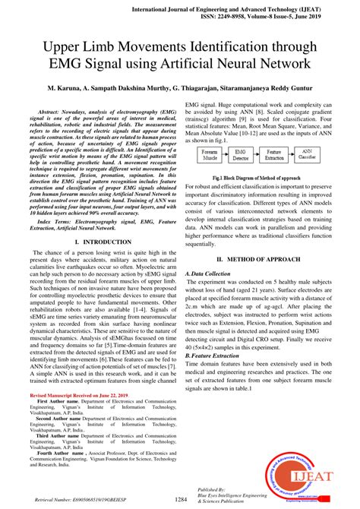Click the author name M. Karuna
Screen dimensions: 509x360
point(65,89)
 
